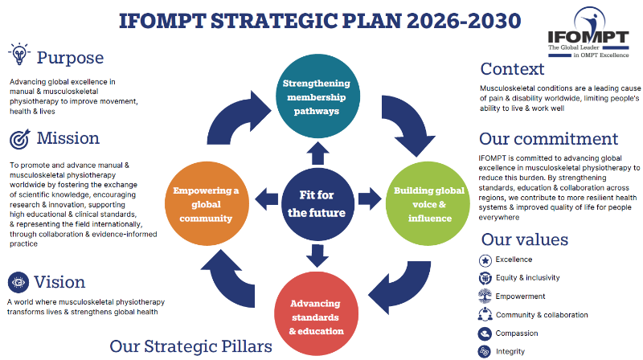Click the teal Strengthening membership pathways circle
(x=317, y=96)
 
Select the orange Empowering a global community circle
(x=207, y=204)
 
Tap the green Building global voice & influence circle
(x=428, y=204)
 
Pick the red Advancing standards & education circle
(x=316, y=313)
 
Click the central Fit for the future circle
(x=317, y=204)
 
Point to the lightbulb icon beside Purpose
(x=18, y=54)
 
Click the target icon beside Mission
(x=19, y=139)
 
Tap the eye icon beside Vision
(x=18, y=282)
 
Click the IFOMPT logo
(x=588, y=32)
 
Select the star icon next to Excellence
(x=485, y=260)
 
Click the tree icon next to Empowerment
(x=485, y=296)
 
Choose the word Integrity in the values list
(x=510, y=351)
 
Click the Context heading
(x=512, y=69)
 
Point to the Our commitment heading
(x=548, y=138)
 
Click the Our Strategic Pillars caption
(x=190, y=346)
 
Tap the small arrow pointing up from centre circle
(x=317, y=153)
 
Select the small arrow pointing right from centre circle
(x=370, y=198)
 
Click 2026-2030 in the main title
(x=464, y=21)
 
